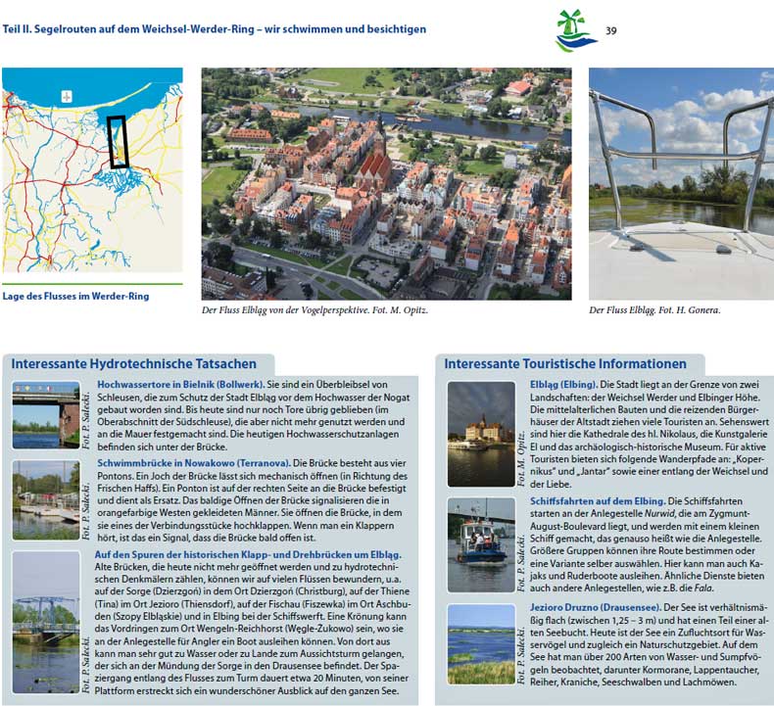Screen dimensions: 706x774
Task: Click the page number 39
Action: point(611,30)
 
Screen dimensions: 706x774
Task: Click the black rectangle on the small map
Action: point(119,142)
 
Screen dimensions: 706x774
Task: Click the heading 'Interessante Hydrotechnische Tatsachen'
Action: point(134,364)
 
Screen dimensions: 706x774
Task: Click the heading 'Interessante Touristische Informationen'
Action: point(565,364)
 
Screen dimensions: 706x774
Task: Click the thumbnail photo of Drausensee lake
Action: point(481,642)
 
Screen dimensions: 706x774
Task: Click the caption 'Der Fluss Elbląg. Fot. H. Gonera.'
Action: point(654,309)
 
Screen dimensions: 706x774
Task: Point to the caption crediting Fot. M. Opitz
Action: point(314,309)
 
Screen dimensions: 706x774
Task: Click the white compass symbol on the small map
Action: point(67,96)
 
